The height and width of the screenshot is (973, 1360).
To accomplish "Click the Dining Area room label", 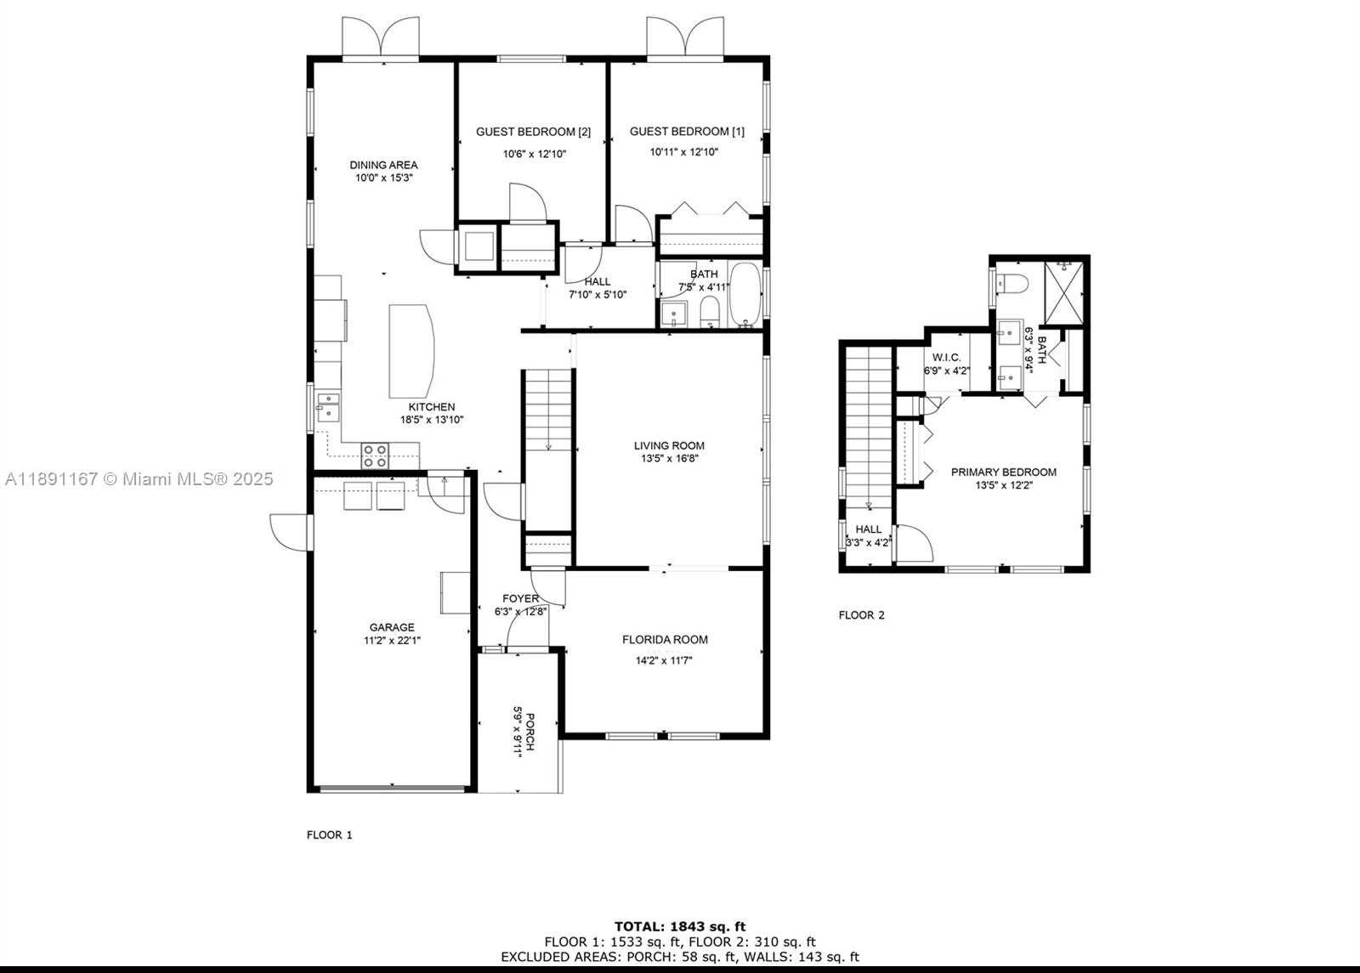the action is tap(383, 165).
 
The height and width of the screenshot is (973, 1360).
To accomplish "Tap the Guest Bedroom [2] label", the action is tap(533, 132).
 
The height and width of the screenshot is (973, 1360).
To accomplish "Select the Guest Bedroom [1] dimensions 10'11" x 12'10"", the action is tap(684, 152).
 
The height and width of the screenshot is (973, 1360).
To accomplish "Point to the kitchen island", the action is tap(411, 351).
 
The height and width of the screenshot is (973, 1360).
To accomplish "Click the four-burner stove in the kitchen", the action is tap(375, 455).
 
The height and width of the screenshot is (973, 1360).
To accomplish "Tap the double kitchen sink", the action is tap(328, 407).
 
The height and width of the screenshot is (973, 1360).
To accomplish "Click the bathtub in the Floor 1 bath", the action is tap(745, 295).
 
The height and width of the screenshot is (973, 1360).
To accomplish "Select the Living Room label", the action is tap(669, 445).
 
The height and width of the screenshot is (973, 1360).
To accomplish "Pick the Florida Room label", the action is tap(665, 639).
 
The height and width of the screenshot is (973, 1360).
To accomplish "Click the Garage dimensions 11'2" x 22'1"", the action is tap(392, 640).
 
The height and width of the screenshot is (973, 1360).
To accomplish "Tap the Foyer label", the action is tap(520, 598).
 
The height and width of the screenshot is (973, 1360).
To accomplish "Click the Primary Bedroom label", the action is tap(1004, 472).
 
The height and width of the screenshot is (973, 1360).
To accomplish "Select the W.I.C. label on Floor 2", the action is tap(947, 358).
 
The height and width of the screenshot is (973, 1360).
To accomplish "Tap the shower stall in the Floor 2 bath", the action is tap(1063, 293).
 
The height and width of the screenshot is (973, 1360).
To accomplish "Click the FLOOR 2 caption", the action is tap(862, 615).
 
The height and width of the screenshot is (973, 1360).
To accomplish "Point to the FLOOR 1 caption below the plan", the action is tap(329, 834).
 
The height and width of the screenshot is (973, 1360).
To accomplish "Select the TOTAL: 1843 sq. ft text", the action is tap(680, 926).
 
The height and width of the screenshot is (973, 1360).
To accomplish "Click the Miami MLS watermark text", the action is tap(139, 479).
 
